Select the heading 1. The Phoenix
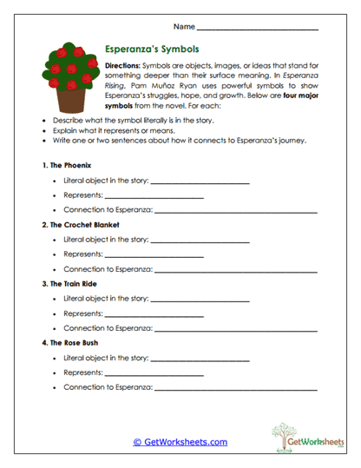[66, 165]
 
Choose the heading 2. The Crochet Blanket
[80, 224]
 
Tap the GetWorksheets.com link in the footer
[180, 442]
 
